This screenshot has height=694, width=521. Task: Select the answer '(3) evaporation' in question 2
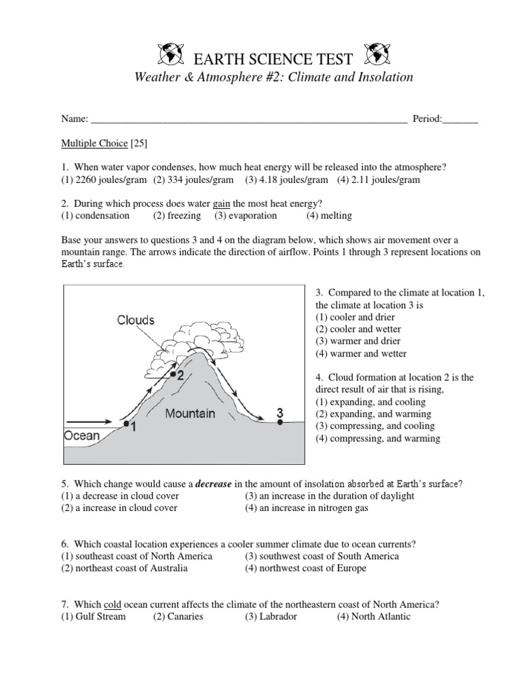click(x=246, y=216)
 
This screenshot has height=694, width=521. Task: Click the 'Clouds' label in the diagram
click(x=136, y=319)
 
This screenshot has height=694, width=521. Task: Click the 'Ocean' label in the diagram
click(x=82, y=436)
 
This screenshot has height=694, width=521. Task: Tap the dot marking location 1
click(x=126, y=424)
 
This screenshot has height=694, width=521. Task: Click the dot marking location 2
click(x=174, y=374)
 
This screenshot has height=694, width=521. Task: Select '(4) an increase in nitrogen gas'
click(x=307, y=508)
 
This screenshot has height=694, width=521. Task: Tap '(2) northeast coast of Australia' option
click(x=124, y=568)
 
